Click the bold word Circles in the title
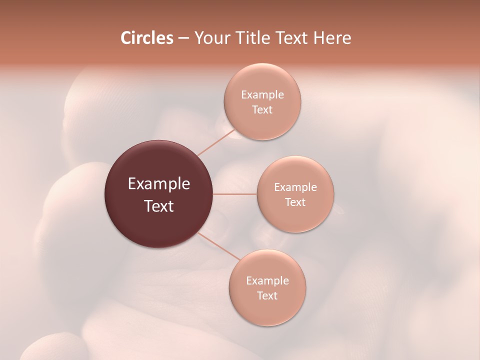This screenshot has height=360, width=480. coord(146,38)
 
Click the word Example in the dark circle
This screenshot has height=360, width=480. coord(159,184)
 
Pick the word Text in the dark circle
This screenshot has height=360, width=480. coord(159,206)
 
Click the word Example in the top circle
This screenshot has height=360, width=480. coord(262,95)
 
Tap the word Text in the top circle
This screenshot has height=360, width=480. coord(262,110)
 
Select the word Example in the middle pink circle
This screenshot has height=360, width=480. coord(295,187)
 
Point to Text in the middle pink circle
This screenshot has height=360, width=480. coord(295,202)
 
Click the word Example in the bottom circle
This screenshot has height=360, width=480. coord(267,281)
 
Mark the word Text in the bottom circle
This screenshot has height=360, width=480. coord(267,296)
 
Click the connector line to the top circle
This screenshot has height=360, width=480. coord(216,143)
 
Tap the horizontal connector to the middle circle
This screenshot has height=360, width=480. coord(235,194)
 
